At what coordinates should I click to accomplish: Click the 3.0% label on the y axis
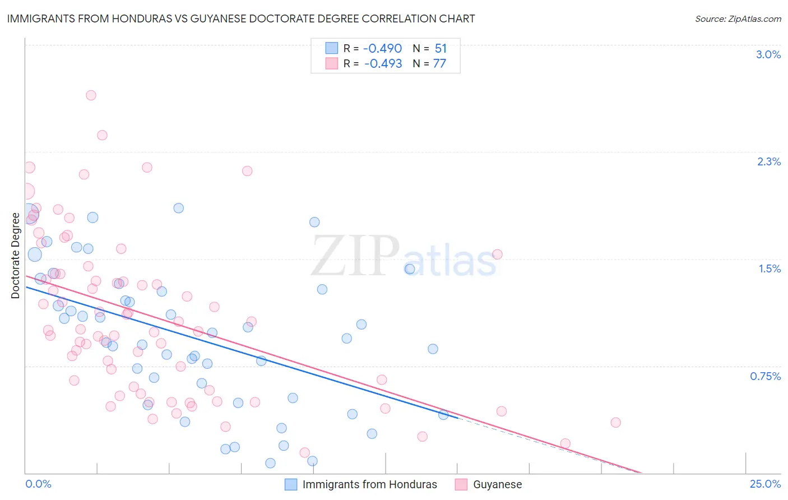point(768,54)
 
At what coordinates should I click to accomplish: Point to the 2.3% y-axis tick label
point(769,161)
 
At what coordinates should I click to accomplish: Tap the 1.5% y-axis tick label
point(770,268)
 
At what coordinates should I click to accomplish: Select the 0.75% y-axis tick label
point(765,376)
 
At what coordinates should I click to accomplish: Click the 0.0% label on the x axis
point(38,484)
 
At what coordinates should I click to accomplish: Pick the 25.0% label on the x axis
point(765,484)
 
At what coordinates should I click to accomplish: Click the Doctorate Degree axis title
point(16,256)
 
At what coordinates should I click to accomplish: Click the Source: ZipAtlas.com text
point(738,19)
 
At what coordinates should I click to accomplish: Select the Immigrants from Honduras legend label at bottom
point(369,484)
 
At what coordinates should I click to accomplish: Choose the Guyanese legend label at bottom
point(497,484)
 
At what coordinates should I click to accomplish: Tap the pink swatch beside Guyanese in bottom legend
point(461,484)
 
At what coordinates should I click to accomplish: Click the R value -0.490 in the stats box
point(383,49)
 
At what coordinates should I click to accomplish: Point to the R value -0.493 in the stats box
point(383,63)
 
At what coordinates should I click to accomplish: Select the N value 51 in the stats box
point(441,49)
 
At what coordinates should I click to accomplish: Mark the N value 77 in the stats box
point(439,63)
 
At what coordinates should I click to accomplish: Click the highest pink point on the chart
point(91,95)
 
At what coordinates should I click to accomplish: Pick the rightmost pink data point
point(615,423)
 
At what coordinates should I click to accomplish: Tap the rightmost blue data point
point(443,415)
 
